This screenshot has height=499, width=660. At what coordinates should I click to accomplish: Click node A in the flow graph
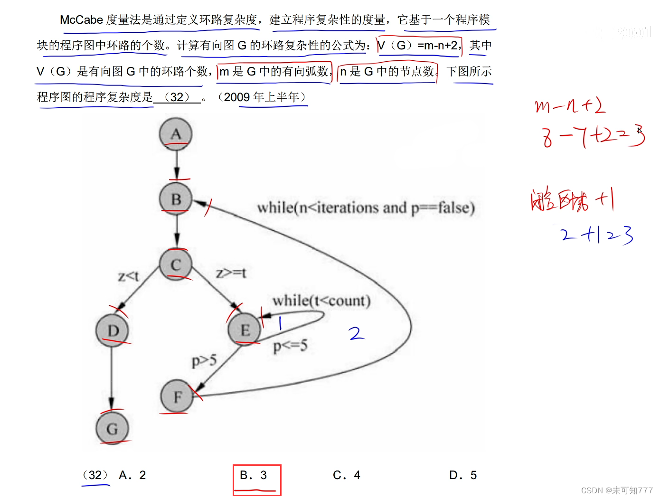coord(176,134)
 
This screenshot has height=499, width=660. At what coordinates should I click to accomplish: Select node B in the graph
coord(176,199)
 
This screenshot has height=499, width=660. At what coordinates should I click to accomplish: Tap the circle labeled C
coord(176,264)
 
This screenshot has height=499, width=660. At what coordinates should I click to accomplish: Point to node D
coord(113,330)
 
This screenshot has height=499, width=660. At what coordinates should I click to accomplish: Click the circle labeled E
coord(245,330)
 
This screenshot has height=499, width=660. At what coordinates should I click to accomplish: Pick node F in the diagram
coord(177,396)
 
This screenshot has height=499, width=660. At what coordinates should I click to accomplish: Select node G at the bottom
coord(112,429)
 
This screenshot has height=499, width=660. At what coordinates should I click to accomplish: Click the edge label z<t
coord(128,276)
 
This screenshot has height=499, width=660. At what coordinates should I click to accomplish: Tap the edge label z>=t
coord(231,273)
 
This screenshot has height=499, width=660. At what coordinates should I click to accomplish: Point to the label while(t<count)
coord(321,301)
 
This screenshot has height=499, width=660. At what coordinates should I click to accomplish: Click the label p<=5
coord(290,345)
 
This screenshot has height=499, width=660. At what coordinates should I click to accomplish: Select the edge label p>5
coord(204,361)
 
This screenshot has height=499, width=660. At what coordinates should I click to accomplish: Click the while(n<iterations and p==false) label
coord(366,208)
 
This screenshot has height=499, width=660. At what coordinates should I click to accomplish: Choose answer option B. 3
coord(254,475)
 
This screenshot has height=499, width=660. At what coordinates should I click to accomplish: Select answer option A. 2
coord(132,475)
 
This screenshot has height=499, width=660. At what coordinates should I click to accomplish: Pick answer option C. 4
coord(347,475)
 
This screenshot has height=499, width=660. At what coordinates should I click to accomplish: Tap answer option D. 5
coord(463,475)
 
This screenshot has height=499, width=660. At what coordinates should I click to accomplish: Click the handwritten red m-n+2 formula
coord(570,105)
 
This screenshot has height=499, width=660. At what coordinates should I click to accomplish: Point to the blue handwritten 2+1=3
coord(596,235)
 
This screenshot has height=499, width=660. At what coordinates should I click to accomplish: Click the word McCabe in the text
coord(81,20)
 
